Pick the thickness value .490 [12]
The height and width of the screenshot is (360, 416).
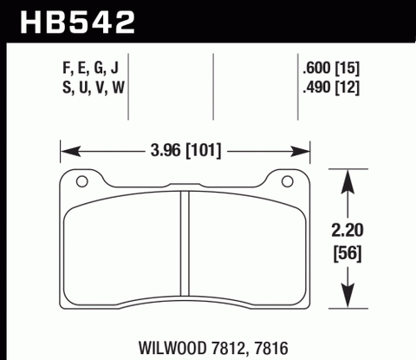328,88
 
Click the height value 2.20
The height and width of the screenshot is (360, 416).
348,232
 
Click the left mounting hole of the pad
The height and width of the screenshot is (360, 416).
82,182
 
